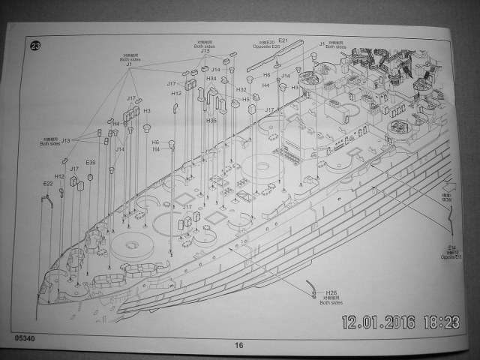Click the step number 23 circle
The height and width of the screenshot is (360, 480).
[x=35, y=46]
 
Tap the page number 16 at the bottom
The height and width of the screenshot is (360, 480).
[x=238, y=345]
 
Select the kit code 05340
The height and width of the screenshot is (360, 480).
[x=23, y=338]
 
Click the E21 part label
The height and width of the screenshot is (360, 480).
[x=283, y=40]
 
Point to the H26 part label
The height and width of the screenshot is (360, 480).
[x=331, y=292]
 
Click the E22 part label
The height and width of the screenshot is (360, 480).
[x=47, y=184]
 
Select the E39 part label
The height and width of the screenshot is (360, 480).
[x=91, y=163]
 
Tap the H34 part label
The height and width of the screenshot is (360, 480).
[x=211, y=79]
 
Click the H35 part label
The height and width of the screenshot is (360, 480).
[x=211, y=121]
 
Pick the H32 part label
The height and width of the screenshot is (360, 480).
[x=241, y=90]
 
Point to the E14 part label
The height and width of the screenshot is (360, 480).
[x=452, y=247]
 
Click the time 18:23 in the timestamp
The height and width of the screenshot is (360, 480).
[x=442, y=322]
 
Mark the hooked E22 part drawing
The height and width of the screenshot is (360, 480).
[x=46, y=201]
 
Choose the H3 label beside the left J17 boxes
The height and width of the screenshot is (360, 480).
[x=147, y=110]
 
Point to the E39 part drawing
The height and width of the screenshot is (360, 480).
[x=90, y=177]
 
